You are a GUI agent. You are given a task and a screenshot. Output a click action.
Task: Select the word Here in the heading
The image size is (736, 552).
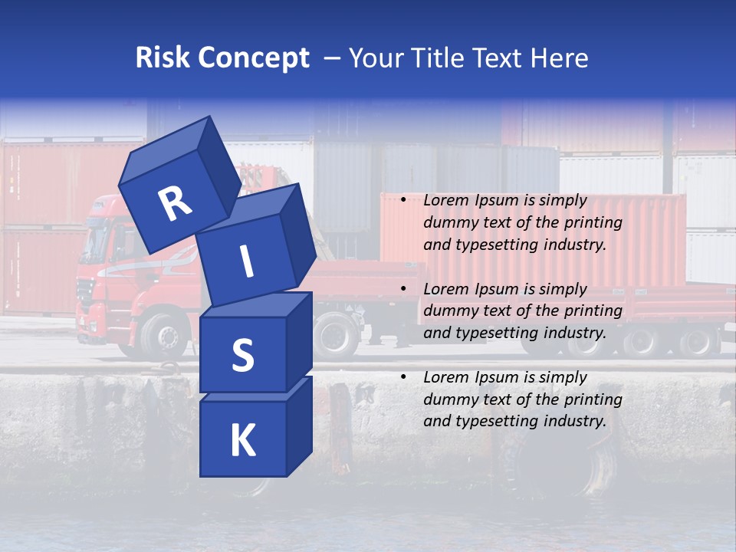tap(560, 58)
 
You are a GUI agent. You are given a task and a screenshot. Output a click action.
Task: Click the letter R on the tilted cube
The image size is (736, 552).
tap(175, 204)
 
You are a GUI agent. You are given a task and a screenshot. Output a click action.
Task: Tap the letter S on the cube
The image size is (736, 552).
tap(243, 355)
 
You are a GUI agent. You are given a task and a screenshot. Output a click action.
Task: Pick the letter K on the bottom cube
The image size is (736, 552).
tap(242, 441)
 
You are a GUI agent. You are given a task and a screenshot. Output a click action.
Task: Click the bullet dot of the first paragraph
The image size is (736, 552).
tap(403, 201)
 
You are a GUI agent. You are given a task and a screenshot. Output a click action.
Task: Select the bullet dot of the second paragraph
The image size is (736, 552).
tap(403, 290)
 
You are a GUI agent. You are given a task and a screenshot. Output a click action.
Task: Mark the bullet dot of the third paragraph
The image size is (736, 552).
tap(403, 378)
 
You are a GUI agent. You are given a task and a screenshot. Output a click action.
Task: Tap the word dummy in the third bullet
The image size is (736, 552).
tap(447, 399)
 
